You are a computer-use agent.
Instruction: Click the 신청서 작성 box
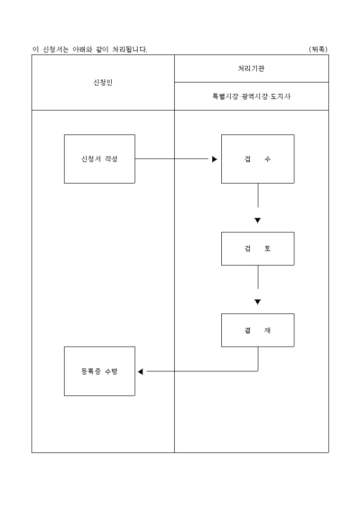100,159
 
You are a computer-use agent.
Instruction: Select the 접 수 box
257,159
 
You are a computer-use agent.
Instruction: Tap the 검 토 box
257,249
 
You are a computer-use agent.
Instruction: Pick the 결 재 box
257,330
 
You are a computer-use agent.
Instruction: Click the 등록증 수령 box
100,371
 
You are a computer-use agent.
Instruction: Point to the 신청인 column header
103,83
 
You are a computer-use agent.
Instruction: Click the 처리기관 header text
251,69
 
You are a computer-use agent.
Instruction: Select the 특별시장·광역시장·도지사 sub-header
251,97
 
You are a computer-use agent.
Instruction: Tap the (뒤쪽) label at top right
318,49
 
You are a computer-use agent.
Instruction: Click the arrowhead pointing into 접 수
214,159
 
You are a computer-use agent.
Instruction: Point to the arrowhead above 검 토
258,221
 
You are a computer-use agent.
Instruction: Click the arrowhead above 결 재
258,302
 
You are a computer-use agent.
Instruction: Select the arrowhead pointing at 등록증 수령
140,371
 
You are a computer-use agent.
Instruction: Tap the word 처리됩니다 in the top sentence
130,49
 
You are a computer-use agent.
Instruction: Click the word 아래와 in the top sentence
83,49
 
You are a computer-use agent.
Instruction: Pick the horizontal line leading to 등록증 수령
201,371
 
